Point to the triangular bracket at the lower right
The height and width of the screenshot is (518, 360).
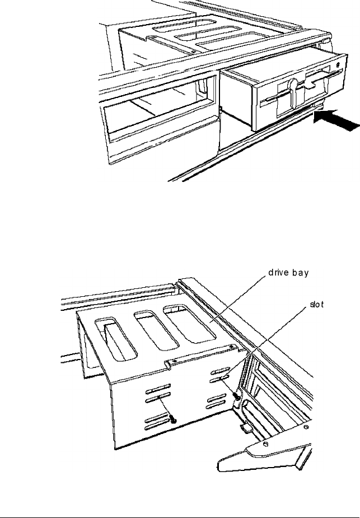263,454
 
